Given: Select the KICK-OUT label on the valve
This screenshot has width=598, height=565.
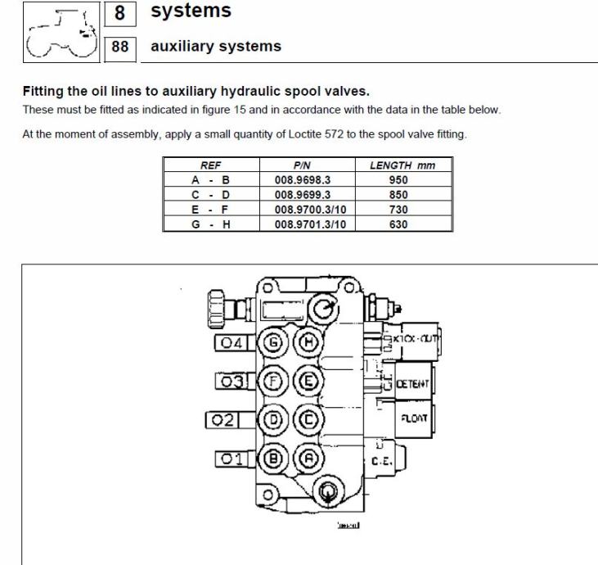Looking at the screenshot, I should pyautogui.click(x=416, y=337).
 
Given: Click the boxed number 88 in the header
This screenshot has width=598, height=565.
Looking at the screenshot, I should pyautogui.click(x=120, y=47).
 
